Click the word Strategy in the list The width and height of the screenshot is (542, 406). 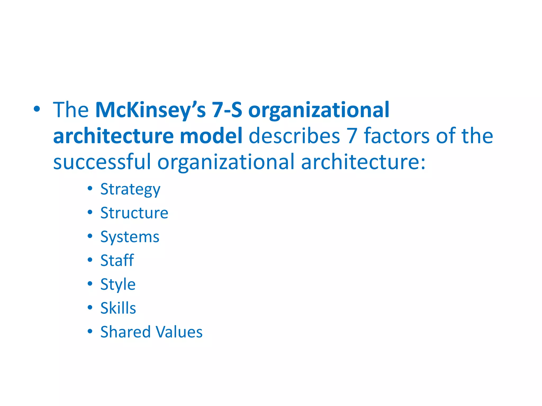point(130,190)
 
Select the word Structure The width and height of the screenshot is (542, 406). point(134,213)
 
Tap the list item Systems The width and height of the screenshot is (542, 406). point(130,237)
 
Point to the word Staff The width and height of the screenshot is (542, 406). point(117,260)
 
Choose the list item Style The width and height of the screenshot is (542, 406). point(118,284)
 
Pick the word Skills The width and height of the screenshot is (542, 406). point(118,308)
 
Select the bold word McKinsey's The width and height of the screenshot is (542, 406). point(150,110)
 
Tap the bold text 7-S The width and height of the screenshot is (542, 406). point(227,110)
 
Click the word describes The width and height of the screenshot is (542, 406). point(294,136)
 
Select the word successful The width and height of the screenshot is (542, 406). point(102,162)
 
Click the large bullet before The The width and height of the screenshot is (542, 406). point(37,109)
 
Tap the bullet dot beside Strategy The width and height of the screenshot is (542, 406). point(90,188)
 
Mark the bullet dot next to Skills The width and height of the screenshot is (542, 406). point(90,307)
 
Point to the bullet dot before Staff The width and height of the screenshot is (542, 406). point(90,260)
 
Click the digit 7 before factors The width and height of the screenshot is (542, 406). point(352,136)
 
